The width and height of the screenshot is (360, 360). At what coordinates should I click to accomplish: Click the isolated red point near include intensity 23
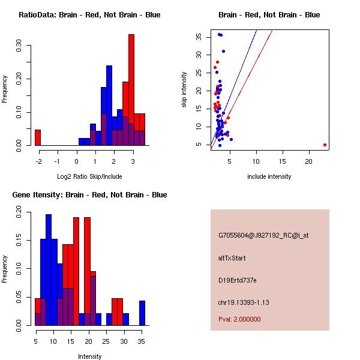pyautogui.click(x=325, y=145)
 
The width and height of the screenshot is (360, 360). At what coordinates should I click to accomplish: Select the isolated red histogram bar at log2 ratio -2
pyautogui.click(x=38, y=137)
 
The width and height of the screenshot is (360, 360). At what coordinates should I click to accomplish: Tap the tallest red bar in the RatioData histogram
pyautogui.click(x=131, y=90)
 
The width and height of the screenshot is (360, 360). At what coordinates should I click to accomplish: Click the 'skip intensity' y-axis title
pyautogui.click(x=184, y=90)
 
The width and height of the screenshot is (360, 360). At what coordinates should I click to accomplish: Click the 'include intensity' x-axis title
pyautogui.click(x=269, y=176)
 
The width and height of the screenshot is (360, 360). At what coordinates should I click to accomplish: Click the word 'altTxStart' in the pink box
pyautogui.click(x=232, y=258)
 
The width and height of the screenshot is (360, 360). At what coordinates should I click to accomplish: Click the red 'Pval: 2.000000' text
pyautogui.click(x=239, y=319)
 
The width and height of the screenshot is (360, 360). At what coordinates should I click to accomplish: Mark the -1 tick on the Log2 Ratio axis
pyautogui.click(x=57, y=161)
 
